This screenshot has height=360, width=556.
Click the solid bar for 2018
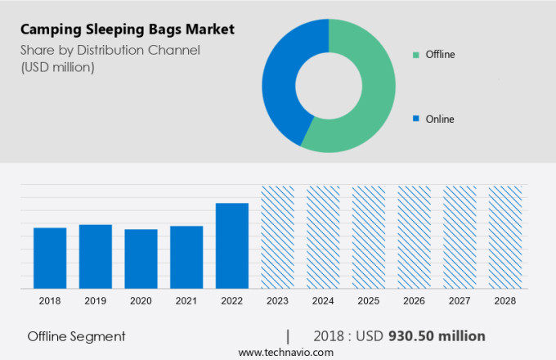pyautogui.click(x=50, y=258)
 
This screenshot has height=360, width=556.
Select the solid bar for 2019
pyautogui.click(x=96, y=256)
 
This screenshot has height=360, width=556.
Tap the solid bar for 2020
pyautogui.click(x=141, y=259)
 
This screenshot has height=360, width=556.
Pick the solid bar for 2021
pyautogui.click(x=186, y=257)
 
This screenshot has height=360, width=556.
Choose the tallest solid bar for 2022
pyautogui.click(x=232, y=245)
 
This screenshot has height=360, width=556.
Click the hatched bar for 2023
pyautogui.click(x=277, y=237)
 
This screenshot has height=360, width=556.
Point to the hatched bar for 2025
pyautogui.click(x=369, y=237)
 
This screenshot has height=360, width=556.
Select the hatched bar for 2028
pyautogui.click(x=504, y=237)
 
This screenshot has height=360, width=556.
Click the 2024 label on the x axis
pyautogui.click(x=323, y=301)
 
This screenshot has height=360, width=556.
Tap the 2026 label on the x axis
pyautogui.click(x=414, y=301)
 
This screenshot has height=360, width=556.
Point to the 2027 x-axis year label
pyautogui.click(x=459, y=301)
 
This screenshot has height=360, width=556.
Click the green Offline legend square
pyautogui.click(x=416, y=55)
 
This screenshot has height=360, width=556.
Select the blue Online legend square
pyautogui.click(x=416, y=119)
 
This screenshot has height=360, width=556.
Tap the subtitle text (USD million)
pyautogui.click(x=56, y=67)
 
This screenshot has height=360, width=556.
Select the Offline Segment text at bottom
pyautogui.click(x=76, y=336)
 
